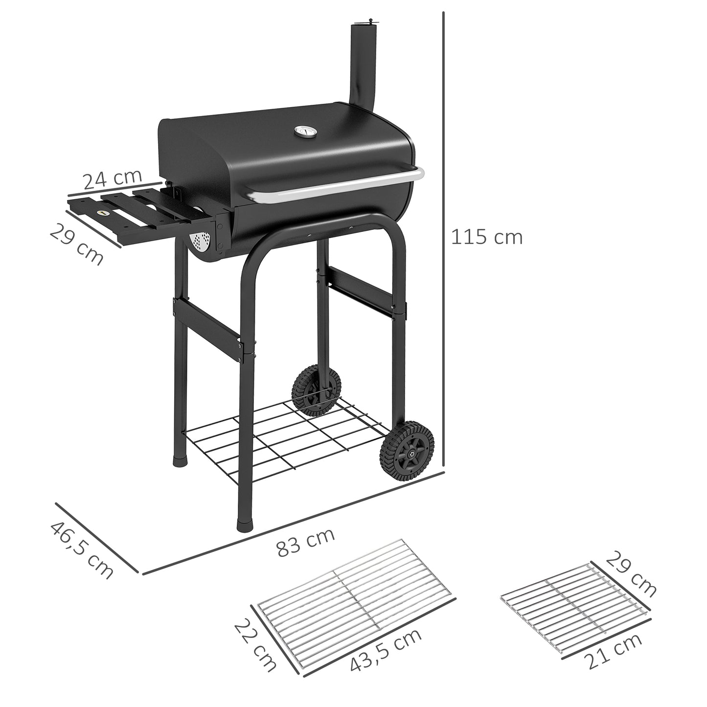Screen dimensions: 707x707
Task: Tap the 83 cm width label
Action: point(306,542)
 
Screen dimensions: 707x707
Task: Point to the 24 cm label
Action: point(112,180)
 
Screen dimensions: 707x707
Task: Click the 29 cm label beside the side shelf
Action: point(77,244)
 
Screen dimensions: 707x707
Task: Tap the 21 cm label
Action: point(614,652)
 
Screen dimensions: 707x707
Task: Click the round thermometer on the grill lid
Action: point(300,132)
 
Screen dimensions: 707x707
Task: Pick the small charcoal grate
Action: point(575,607)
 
